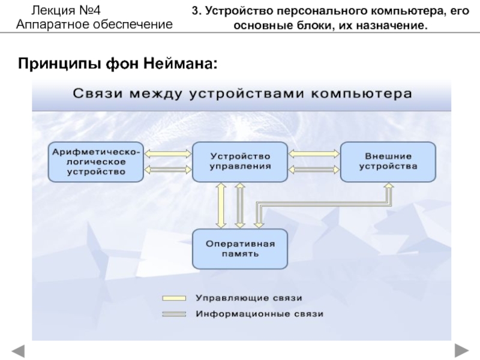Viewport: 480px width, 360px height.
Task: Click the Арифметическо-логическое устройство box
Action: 96,162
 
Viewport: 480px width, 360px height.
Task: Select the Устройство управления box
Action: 240,162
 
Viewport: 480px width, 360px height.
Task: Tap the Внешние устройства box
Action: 388,162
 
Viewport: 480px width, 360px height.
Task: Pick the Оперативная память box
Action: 240,249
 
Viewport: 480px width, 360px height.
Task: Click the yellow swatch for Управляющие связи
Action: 174,298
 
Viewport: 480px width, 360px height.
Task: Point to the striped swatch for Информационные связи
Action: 174,314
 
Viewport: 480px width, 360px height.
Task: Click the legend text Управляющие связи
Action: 249,298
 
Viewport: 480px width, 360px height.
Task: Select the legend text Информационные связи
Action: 260,314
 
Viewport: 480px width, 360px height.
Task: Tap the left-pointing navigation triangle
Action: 19,351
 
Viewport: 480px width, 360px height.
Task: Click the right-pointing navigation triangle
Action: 461,351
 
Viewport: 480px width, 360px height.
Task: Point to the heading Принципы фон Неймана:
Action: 118,64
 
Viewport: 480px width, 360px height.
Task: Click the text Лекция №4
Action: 66,11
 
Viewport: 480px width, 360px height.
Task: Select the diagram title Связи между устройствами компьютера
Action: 242,94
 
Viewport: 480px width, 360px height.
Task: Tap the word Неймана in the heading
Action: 181,64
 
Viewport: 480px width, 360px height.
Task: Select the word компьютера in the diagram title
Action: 361,94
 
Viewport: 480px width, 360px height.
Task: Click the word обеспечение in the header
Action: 133,25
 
